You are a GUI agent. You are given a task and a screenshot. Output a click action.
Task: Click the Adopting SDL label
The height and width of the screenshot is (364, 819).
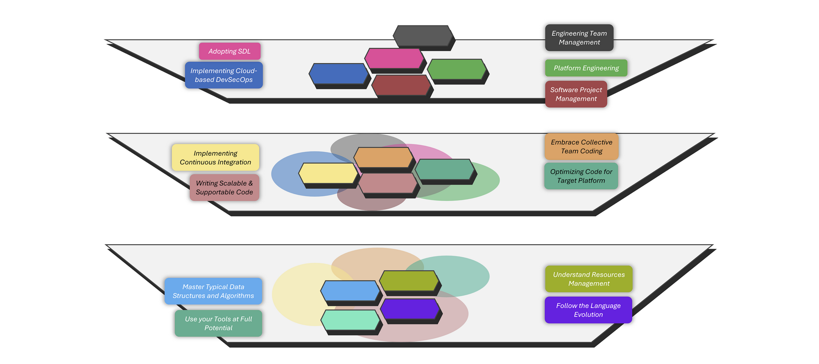(230, 51)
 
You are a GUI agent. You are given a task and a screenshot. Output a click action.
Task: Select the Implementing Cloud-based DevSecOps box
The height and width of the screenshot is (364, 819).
(224, 75)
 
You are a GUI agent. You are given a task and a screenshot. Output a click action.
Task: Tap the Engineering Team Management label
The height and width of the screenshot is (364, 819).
(579, 38)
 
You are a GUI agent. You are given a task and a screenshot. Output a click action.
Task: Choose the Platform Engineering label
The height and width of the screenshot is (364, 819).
(586, 68)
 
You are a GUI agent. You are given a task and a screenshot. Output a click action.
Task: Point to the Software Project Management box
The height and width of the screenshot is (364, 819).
(576, 94)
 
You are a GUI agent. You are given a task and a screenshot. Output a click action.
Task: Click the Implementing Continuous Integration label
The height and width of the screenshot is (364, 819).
(215, 157)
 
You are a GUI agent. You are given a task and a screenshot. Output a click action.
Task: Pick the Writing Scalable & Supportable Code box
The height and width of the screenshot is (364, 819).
(224, 188)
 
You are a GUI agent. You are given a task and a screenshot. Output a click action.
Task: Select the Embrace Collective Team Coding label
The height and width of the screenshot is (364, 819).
(581, 146)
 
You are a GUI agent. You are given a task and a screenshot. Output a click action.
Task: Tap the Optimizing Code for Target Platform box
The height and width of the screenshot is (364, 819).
(581, 176)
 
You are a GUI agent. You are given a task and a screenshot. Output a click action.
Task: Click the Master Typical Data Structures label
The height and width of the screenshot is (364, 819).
(213, 291)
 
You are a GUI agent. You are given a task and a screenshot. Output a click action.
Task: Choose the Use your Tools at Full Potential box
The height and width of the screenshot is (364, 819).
(218, 324)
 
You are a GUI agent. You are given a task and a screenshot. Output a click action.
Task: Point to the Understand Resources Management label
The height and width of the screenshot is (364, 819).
(588, 279)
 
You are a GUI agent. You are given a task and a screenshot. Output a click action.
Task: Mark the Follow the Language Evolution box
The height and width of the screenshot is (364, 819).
(588, 310)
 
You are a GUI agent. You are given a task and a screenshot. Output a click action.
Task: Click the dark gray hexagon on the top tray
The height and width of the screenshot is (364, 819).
(423, 36)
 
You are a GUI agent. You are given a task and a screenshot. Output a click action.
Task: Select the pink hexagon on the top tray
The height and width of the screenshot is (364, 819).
(394, 58)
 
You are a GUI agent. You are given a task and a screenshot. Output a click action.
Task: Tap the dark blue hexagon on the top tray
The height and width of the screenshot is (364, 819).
(339, 74)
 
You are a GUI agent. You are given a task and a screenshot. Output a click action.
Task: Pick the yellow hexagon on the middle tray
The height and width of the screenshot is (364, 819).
(328, 173)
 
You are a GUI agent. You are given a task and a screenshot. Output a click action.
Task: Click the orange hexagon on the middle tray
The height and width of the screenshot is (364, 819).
(383, 157)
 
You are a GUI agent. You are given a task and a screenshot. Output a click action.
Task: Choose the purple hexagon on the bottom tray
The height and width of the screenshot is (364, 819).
(409, 309)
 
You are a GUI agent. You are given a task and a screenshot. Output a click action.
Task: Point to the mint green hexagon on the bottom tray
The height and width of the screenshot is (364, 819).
(350, 320)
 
